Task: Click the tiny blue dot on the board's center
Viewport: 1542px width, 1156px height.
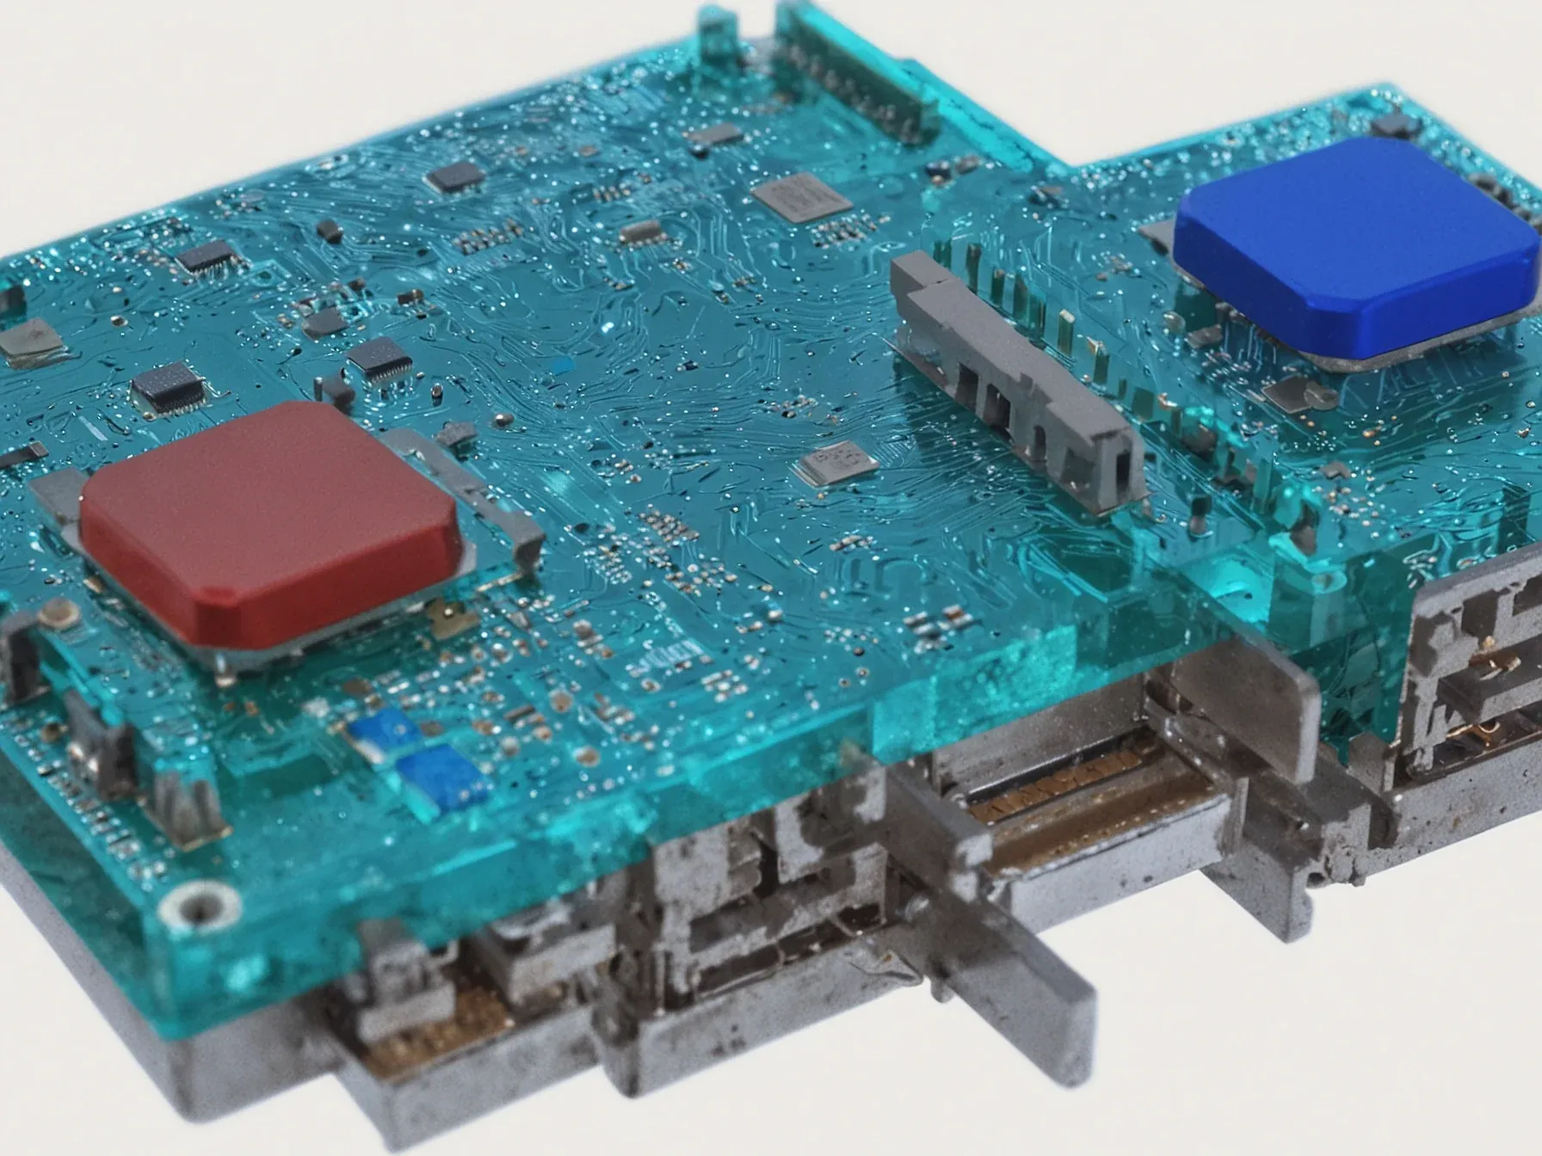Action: point(563,366)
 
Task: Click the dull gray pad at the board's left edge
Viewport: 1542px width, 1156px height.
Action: point(30,340)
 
